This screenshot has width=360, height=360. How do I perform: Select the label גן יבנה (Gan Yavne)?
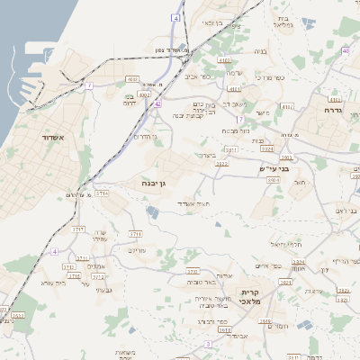tap(157, 184)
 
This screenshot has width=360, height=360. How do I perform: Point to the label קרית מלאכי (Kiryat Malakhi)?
tap(251, 300)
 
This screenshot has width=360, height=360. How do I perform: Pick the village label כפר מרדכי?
tap(269, 78)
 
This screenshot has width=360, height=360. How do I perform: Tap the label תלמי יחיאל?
tap(284, 244)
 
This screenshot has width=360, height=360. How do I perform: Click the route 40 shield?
tap(346, 51)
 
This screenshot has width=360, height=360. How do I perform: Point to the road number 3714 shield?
tap(101, 193)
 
